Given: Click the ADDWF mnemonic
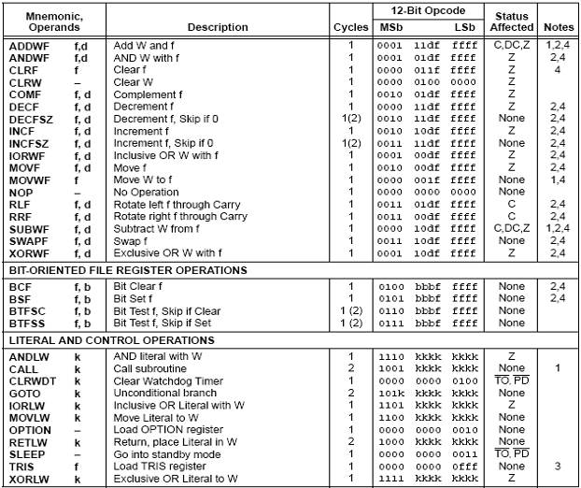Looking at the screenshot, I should point(30,45).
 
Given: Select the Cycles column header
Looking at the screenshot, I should point(351,27).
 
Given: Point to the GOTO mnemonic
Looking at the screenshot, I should point(25,394).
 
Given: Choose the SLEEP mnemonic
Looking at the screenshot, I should point(27,453).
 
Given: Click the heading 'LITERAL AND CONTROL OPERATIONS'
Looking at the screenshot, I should point(113,339).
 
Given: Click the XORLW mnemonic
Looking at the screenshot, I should point(30,478).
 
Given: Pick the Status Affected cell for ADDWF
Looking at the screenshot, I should point(511,45).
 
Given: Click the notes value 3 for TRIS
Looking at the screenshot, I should point(558,466).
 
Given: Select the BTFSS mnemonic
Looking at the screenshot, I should point(28,322).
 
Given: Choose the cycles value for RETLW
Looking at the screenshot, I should point(350,441).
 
